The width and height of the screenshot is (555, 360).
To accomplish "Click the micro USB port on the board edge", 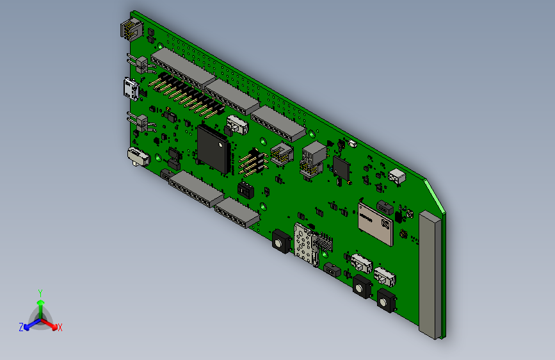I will (x=131, y=88).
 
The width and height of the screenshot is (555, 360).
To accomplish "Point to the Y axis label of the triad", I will (x=40, y=292).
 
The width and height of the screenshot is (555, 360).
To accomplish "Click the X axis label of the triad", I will (x=60, y=327).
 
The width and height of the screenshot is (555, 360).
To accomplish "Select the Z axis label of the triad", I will (x=21, y=327).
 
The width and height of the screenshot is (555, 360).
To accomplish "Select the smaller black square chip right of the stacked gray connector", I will (x=341, y=168).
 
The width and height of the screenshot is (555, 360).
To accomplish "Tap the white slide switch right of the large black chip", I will (x=237, y=125).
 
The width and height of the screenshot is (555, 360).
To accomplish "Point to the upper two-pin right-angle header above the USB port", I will (x=141, y=63).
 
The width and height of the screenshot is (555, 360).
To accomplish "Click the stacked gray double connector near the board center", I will (x=314, y=157).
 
